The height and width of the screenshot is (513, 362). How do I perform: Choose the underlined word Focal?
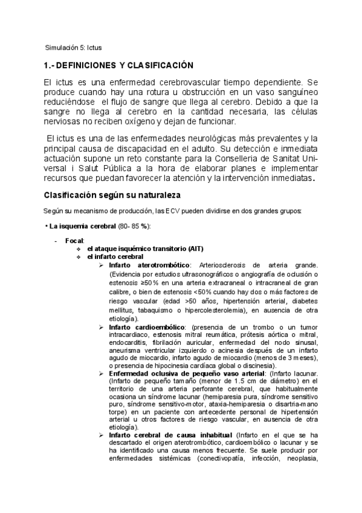pyautogui.click(x=76, y=241)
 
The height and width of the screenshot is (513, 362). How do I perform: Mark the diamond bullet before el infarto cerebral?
pyautogui.click(x=78, y=256)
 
